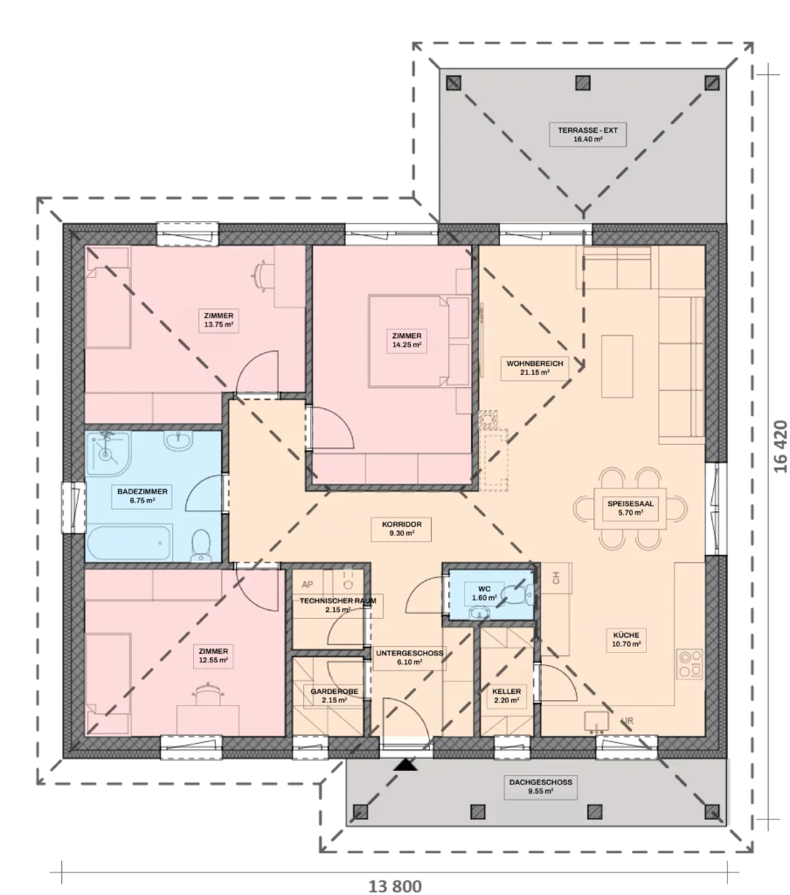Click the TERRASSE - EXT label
[587, 134]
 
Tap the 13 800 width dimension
[395, 886]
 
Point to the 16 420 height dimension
[780, 447]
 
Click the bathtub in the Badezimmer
[128, 544]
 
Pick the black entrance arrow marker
[405, 764]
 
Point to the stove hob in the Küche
[689, 663]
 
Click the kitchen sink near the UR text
[598, 721]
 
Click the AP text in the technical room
[307, 585]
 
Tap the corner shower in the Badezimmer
[108, 454]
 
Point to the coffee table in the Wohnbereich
[617, 366]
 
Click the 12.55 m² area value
[213, 660]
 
